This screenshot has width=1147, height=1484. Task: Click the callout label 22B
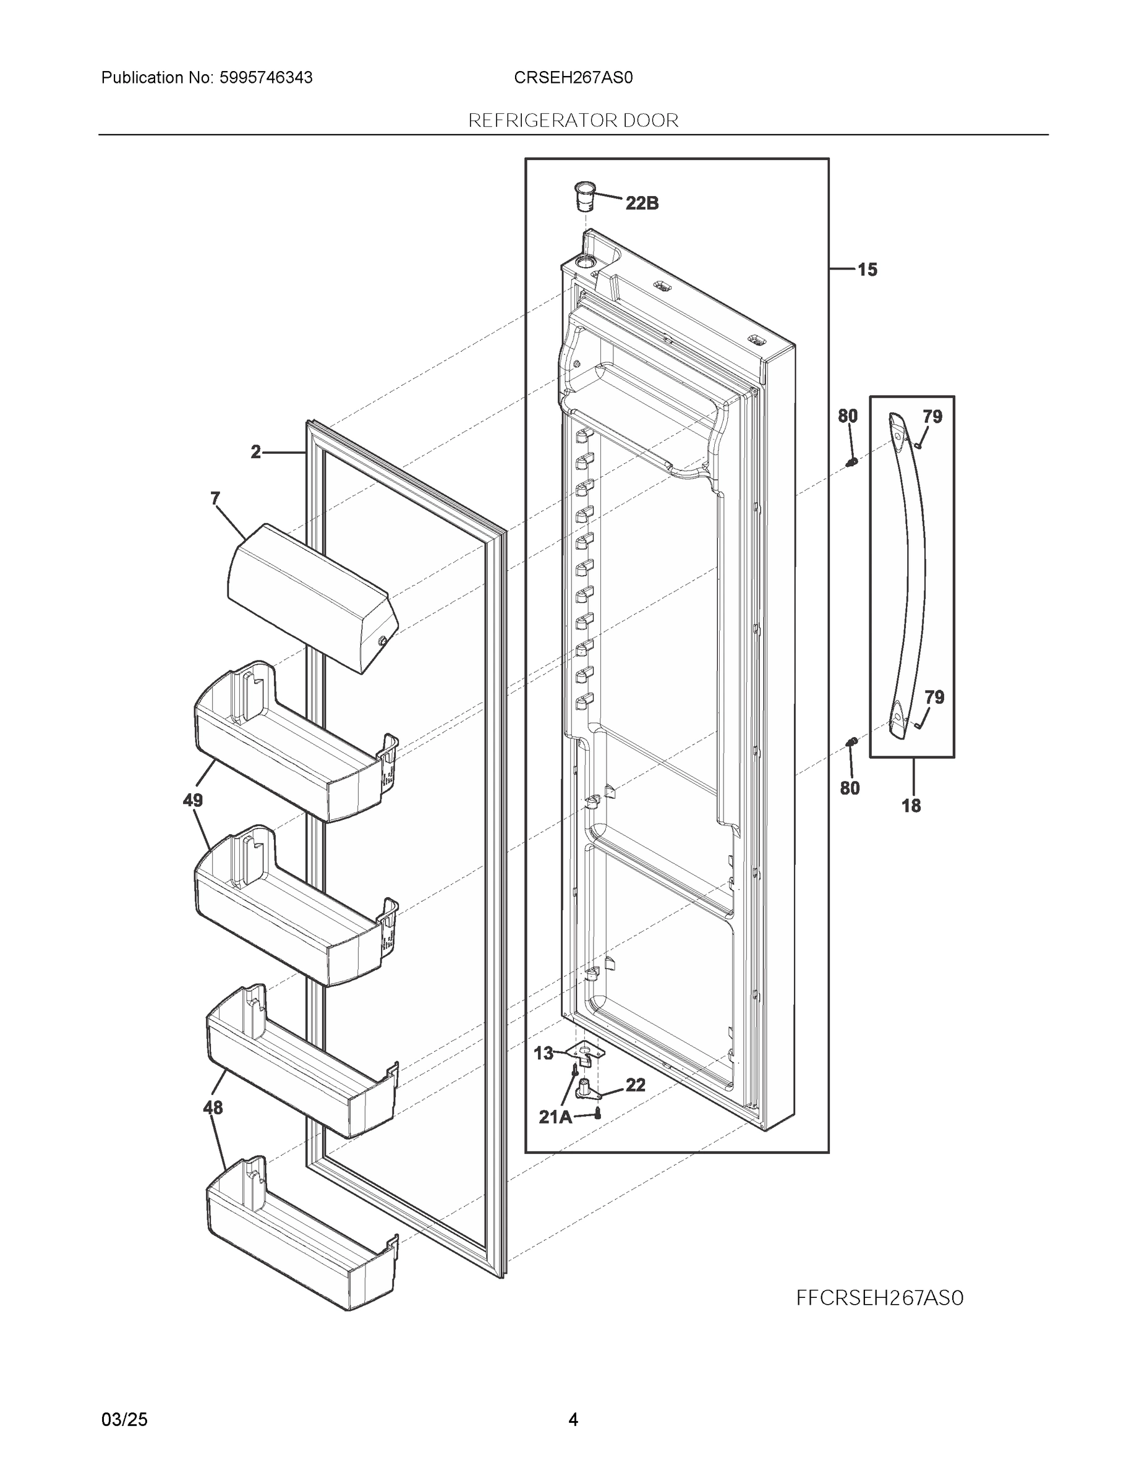tap(641, 203)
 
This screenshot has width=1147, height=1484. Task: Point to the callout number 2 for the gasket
tap(255, 452)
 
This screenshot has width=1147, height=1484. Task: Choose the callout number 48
tap(213, 1107)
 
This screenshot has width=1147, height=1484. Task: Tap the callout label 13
tap(544, 1053)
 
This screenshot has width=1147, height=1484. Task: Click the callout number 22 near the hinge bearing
tap(636, 1085)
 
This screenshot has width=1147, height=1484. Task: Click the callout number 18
tap(911, 806)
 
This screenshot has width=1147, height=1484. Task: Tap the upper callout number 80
tap(847, 416)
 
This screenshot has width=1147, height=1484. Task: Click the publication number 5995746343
tap(266, 77)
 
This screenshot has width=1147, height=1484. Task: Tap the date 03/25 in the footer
tap(124, 1420)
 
